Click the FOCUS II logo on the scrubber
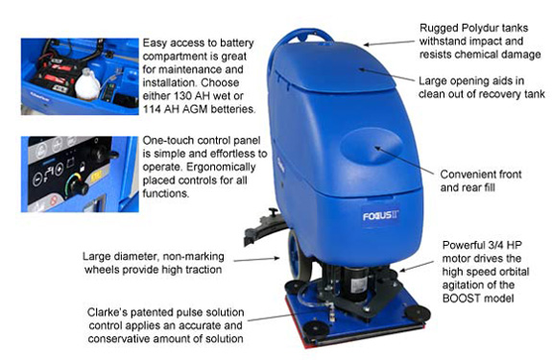(x=381, y=215)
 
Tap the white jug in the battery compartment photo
(x=87, y=84)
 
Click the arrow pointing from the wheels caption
(x=256, y=259)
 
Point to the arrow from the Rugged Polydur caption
(x=389, y=43)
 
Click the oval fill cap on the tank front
(x=372, y=146)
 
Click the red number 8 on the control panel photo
(x=53, y=202)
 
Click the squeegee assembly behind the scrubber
(x=265, y=227)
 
